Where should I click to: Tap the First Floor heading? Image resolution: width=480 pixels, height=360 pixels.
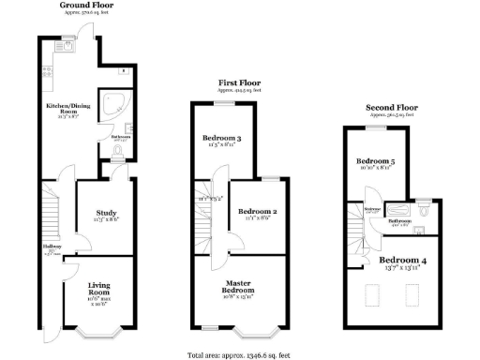239,83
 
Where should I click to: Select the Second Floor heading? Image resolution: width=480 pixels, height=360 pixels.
387,108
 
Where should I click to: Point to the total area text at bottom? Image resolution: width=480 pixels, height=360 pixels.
239,355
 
